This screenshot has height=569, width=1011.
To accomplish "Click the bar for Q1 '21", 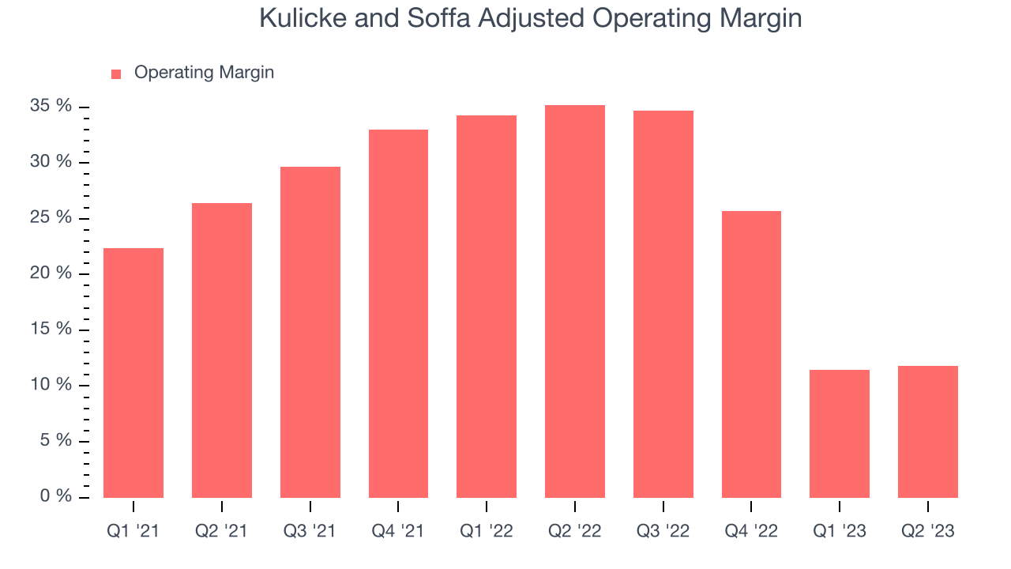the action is coord(133,373).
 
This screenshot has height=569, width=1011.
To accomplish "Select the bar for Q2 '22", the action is coord(575,302).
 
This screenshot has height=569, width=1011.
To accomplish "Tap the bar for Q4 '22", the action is coord(751,355).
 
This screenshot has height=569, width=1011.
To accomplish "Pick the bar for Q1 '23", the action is coord(840,434).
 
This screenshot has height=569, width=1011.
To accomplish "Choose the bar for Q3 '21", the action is coord(310,333).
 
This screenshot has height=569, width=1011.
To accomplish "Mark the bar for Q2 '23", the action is coord(928,432).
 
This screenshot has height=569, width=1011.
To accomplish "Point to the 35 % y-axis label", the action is coord(51,106).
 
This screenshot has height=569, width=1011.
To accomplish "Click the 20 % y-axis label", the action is coord(51,273).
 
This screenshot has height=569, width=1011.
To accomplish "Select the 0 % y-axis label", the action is coord(55,496).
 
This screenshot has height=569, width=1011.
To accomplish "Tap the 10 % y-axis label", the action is coord(51,384).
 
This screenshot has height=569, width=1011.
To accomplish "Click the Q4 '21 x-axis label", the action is coord(397,531).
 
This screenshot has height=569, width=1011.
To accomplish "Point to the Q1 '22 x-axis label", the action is coord(486,531).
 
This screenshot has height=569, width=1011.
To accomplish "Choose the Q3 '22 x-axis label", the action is coord(663,531).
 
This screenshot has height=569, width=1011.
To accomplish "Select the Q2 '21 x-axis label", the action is coord(221,531).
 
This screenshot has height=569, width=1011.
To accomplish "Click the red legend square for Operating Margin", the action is coord(116,74).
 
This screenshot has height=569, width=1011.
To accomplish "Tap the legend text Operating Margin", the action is coord(204,73).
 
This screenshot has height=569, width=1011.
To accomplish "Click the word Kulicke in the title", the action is coord(303,18).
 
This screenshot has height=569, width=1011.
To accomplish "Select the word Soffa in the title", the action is coord(438,18).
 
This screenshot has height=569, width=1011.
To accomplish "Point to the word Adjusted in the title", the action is coord(532,19).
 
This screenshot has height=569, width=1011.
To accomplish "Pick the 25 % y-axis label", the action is coord(51,217).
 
